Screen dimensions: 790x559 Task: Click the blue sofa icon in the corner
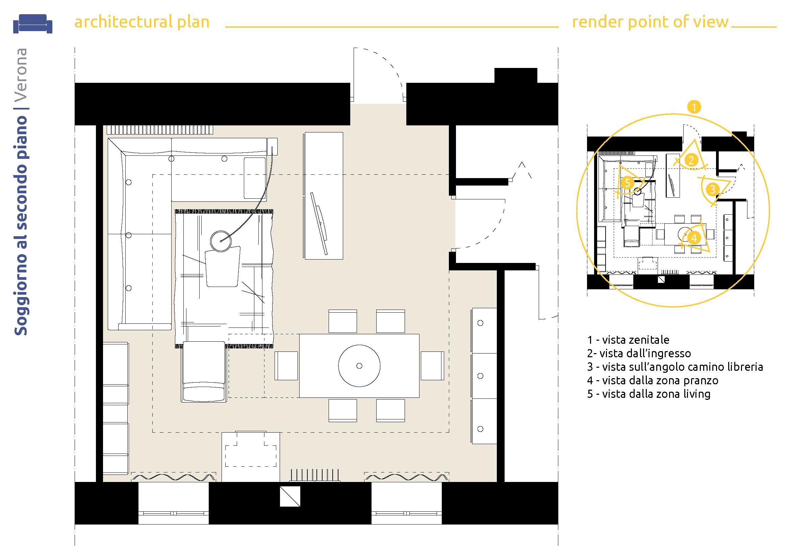[x=33, y=24]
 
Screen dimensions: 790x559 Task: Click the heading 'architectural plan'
[x=142, y=22]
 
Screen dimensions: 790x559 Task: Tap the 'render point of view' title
[x=650, y=22]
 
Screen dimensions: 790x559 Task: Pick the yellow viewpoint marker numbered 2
[x=691, y=160]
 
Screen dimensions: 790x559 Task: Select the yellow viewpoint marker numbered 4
[x=694, y=238]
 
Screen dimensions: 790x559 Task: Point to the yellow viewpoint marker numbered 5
[x=627, y=183]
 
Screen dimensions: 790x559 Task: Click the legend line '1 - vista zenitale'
[x=628, y=340]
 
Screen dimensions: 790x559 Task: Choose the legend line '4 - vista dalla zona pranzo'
[x=653, y=380]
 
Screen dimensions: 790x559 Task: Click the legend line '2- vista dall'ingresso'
[x=639, y=353]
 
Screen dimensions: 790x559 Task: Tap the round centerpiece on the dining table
[x=359, y=366]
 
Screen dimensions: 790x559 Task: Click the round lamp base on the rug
[x=221, y=241]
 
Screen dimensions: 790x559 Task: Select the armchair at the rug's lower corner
[x=204, y=372]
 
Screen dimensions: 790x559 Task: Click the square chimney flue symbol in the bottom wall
[x=290, y=496]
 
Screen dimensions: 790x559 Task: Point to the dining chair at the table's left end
[x=286, y=366]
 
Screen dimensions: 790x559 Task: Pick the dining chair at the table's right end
[x=433, y=366]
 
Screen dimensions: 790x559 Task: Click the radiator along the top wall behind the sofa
[x=161, y=129]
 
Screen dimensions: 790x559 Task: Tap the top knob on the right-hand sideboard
[x=480, y=323]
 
